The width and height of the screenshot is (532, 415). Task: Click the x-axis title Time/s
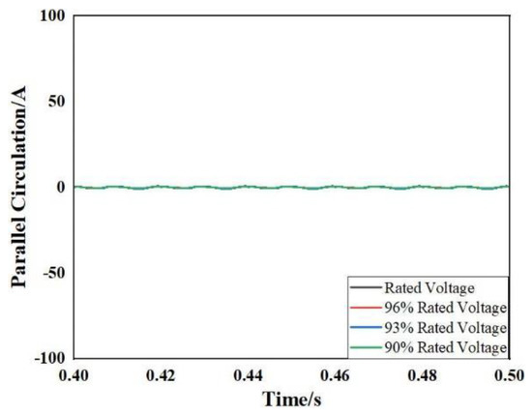click(291, 399)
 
